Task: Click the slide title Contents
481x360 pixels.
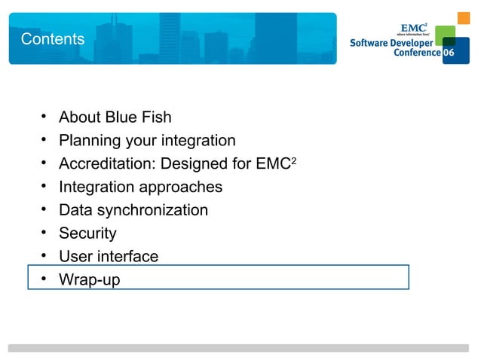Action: click(x=53, y=38)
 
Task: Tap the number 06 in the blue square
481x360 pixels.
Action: click(x=449, y=55)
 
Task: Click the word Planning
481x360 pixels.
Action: click(x=89, y=141)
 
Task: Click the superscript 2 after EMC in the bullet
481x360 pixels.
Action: click(x=294, y=160)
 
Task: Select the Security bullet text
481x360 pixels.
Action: click(x=87, y=233)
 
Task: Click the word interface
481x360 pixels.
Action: click(x=129, y=257)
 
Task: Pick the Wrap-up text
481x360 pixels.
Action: click(x=89, y=280)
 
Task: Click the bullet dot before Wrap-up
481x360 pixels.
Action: click(x=44, y=279)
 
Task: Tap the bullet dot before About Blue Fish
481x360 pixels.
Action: click(x=44, y=117)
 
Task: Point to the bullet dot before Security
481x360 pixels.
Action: click(x=44, y=233)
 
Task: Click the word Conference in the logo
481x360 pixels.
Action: click(x=417, y=54)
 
